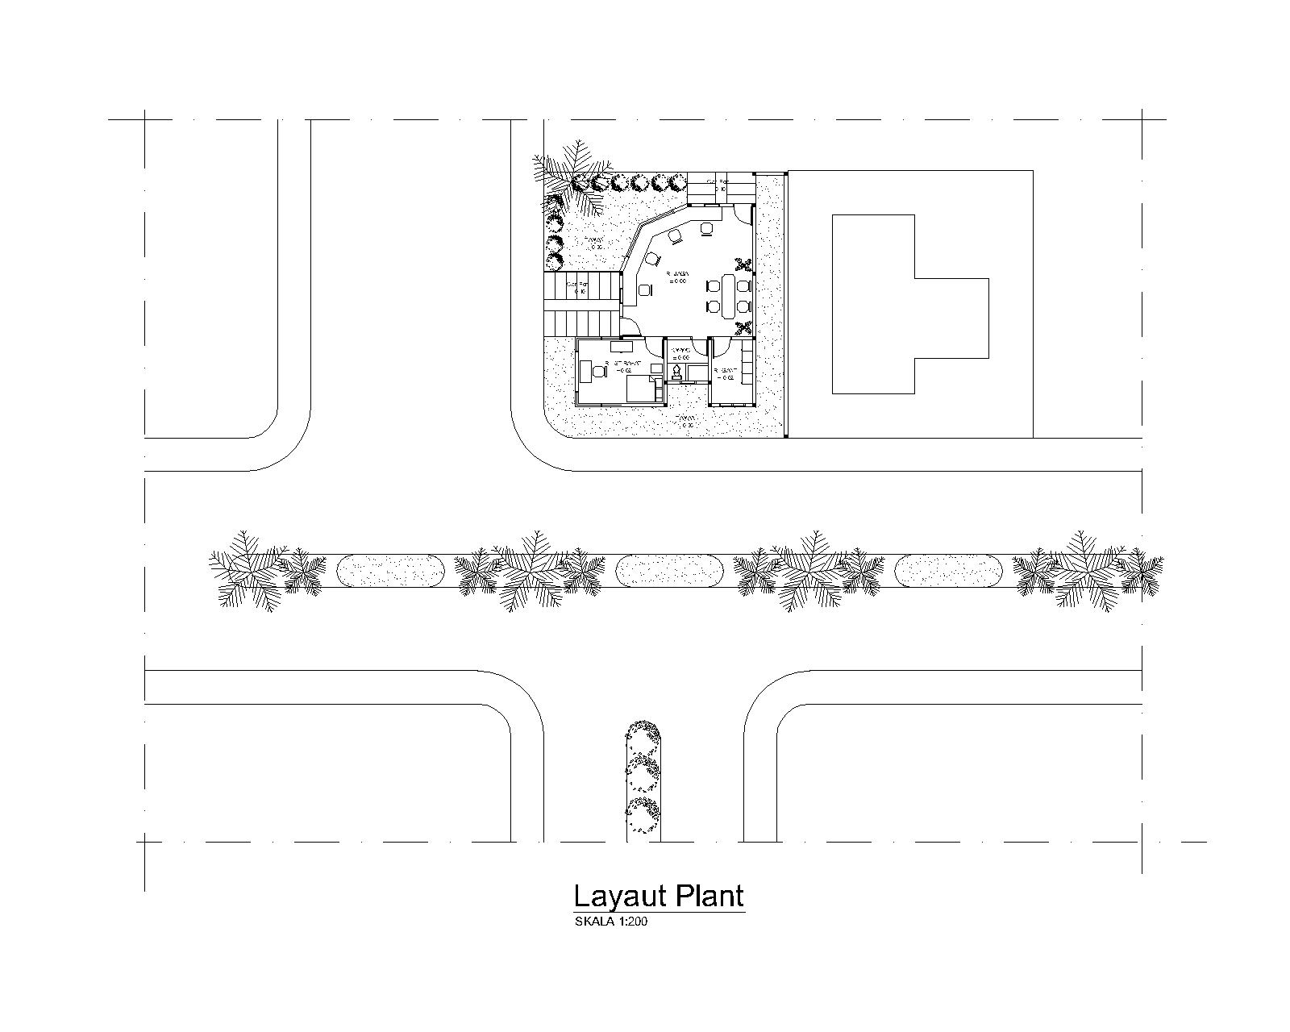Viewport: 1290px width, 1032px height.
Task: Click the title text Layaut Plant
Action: (x=658, y=896)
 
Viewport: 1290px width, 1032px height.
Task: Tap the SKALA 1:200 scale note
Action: (x=610, y=922)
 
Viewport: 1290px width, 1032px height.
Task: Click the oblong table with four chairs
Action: (x=729, y=295)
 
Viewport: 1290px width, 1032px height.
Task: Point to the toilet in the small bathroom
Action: (x=676, y=372)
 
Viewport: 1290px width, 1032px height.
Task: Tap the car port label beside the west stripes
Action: (x=577, y=286)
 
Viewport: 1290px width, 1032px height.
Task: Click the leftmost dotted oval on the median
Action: (x=389, y=571)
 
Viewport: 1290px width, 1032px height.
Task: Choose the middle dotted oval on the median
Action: (x=668, y=571)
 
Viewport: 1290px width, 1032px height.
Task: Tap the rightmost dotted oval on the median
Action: (x=948, y=571)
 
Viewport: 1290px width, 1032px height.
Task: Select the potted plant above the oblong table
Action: (x=745, y=265)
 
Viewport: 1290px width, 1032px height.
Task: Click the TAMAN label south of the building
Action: (x=686, y=420)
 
